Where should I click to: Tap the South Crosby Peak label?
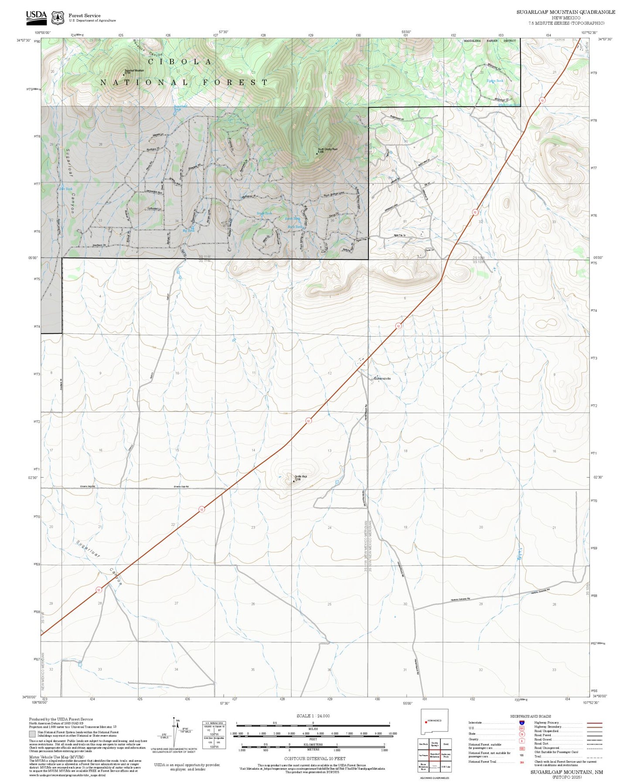(x=328, y=149)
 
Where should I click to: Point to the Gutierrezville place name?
(x=382, y=379)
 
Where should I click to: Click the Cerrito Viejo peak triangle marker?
(x=293, y=481)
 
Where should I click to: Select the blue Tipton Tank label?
(x=495, y=81)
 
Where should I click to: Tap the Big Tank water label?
(x=188, y=231)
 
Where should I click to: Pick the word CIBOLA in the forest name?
(x=180, y=62)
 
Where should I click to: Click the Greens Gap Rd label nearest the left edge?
(x=88, y=486)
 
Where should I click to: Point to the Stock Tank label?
(x=264, y=213)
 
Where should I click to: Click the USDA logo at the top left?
(x=36, y=16)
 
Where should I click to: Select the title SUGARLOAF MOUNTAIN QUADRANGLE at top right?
(x=566, y=12)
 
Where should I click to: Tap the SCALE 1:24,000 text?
(x=313, y=716)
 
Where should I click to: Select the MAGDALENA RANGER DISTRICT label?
(x=489, y=41)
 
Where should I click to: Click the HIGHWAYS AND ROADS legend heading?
(x=531, y=716)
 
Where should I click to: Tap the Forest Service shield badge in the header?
(x=58, y=17)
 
